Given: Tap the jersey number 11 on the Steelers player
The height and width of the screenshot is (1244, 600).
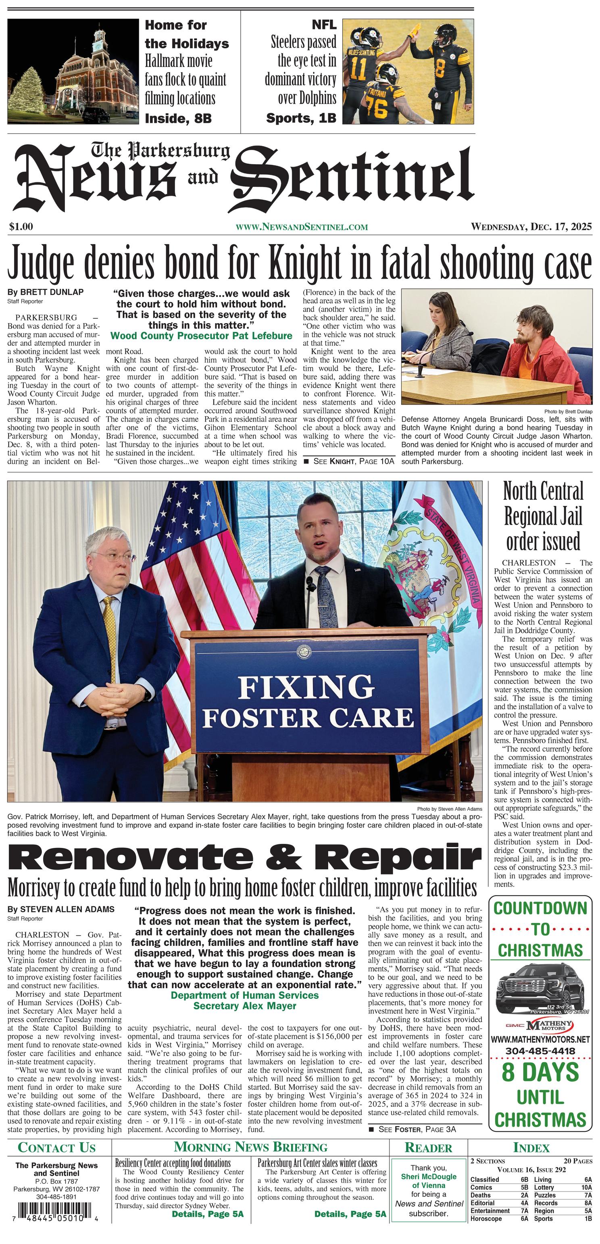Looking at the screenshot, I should (358, 69).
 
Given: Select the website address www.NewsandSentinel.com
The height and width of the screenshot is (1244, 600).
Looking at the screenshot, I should (302, 227).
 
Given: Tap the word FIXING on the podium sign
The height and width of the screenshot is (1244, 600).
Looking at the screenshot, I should (306, 686).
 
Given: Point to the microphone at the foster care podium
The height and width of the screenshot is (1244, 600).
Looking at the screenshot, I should (308, 599).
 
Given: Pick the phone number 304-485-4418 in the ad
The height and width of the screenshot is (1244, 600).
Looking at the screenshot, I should (540, 1051).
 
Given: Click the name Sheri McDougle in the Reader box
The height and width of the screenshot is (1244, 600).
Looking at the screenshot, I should (429, 1177).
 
